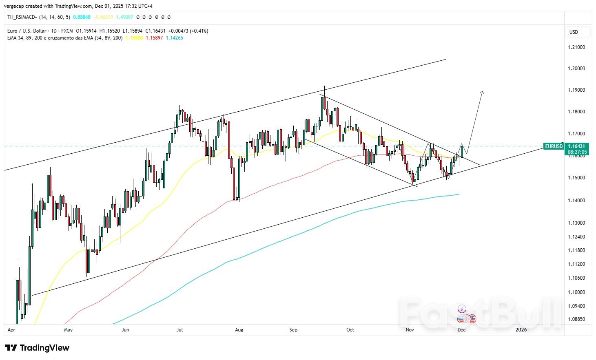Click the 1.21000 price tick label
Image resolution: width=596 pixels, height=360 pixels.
coord(576,47)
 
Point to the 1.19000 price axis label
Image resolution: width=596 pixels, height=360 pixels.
coord(576,90)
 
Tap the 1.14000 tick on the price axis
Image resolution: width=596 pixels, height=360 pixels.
coord(576,200)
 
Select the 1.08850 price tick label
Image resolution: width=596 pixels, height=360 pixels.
coord(576,319)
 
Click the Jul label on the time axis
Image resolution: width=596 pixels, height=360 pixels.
coord(179,330)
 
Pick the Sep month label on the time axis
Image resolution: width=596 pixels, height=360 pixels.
coord(293,330)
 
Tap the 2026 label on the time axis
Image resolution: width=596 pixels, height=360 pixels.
coord(521,330)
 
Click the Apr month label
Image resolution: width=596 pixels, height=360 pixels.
coord(11,330)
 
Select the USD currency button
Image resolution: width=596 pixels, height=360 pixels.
coord(574,32)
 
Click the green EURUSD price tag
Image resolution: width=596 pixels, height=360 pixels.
coord(554,146)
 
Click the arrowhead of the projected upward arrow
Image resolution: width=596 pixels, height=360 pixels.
coord(482,93)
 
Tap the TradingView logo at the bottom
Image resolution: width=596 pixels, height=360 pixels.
coord(38,348)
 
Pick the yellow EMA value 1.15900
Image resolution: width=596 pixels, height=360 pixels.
coord(134,38)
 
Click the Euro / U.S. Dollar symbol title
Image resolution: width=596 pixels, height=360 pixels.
coord(27,31)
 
